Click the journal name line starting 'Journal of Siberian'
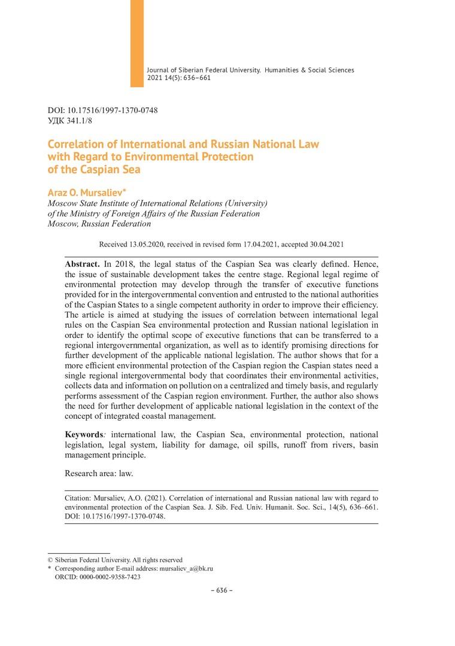coord(250,70)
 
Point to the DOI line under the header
coord(102,111)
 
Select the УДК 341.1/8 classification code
coord(70,120)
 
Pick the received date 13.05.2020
coord(145,244)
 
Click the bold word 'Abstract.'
coord(83,263)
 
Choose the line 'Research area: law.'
coord(99,473)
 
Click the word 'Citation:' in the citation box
coord(79,497)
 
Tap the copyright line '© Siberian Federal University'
coord(115,560)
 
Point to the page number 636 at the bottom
coord(222,590)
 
